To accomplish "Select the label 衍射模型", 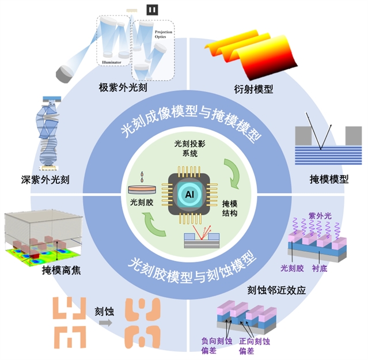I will [253, 89].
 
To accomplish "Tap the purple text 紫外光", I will [318, 215].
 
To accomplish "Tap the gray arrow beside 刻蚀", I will [106, 324].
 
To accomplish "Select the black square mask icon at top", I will [152, 9].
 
